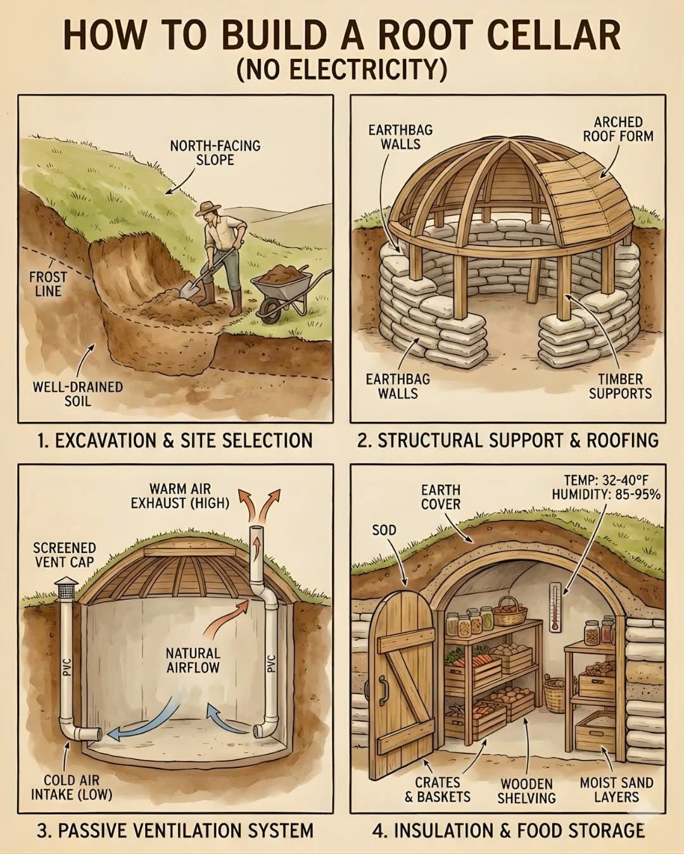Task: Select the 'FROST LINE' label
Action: click(x=47, y=284)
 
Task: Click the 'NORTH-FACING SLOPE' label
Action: click(x=215, y=152)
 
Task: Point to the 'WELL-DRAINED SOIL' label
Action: click(x=78, y=393)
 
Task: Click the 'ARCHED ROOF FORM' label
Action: click(x=618, y=128)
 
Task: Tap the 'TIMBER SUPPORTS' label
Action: click(x=620, y=387)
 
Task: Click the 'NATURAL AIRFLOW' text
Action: click(x=193, y=660)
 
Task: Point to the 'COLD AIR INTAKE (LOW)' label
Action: click(x=72, y=788)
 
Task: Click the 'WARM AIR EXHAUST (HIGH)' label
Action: click(x=180, y=496)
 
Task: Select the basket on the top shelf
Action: click(x=510, y=612)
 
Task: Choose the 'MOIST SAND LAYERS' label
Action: click(x=616, y=789)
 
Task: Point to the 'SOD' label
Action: click(x=384, y=529)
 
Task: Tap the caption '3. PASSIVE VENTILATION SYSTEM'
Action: click(x=175, y=830)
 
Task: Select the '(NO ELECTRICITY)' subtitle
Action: click(x=342, y=68)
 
